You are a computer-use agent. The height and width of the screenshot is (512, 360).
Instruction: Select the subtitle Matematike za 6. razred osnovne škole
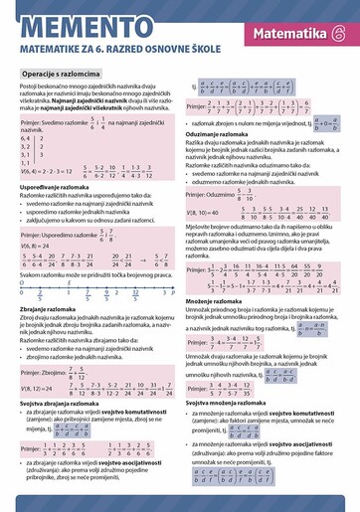[114, 41]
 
